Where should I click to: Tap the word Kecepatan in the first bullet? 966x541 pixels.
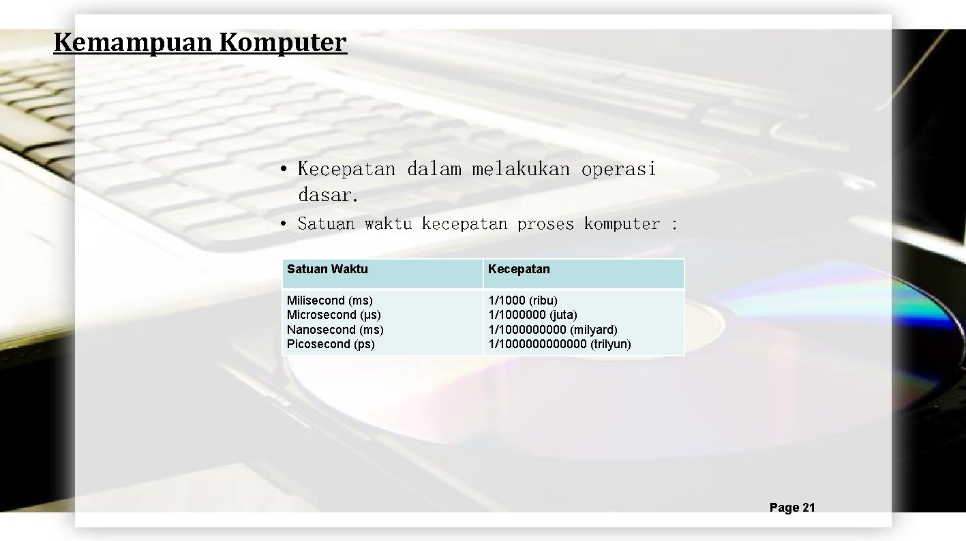pyautogui.click(x=346, y=169)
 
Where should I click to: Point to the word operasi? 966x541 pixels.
pyautogui.click(x=618, y=169)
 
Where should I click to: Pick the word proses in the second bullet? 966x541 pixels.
pyautogui.click(x=545, y=223)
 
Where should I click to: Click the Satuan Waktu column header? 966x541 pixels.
pyautogui.click(x=327, y=269)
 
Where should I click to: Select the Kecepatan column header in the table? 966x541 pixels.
pyautogui.click(x=519, y=269)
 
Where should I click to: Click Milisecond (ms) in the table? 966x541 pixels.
pyautogui.click(x=330, y=300)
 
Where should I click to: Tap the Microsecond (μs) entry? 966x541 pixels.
pyautogui.click(x=334, y=315)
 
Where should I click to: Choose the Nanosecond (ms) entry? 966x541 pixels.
pyautogui.click(x=335, y=330)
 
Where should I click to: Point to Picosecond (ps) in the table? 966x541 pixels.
pyautogui.click(x=331, y=344)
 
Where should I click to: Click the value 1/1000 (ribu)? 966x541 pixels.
pyautogui.click(x=523, y=300)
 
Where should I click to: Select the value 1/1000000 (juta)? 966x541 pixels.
pyautogui.click(x=532, y=315)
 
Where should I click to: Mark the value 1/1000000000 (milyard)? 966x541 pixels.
pyautogui.click(x=553, y=330)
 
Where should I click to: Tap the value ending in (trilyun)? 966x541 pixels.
pyautogui.click(x=560, y=344)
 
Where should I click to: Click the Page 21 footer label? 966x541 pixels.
pyautogui.click(x=792, y=508)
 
